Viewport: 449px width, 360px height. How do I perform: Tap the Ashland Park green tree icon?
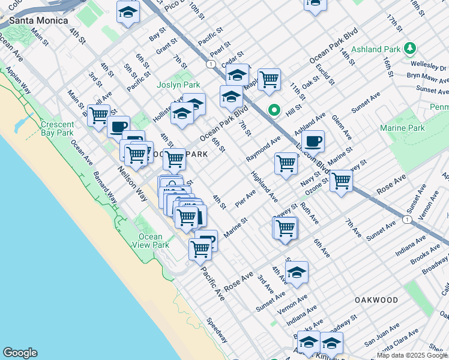410,47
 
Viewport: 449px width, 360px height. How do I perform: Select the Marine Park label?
402,128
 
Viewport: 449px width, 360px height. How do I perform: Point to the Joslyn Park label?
178,85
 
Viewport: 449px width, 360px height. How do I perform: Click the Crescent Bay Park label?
57,129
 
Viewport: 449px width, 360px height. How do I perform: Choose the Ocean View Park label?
152,241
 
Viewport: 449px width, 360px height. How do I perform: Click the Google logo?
20,353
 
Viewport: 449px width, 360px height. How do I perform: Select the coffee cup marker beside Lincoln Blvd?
312,142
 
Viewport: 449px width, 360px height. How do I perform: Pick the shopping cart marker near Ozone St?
341,180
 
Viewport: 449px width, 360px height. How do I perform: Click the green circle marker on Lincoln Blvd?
274,110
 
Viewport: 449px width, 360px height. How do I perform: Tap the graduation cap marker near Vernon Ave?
297,272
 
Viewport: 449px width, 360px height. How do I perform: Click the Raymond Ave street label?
263,149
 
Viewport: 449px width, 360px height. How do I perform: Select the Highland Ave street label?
264,186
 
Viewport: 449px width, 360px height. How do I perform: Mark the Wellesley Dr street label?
429,65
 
